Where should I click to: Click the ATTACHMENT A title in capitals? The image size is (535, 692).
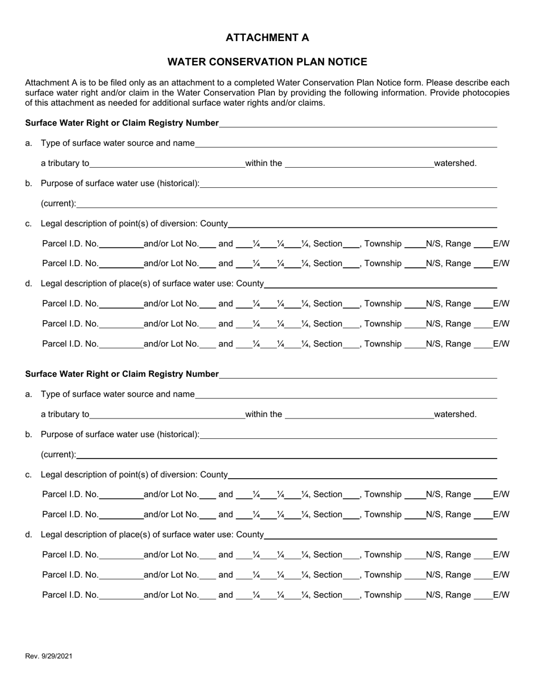tap(267, 38)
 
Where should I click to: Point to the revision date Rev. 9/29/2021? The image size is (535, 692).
tap(48, 656)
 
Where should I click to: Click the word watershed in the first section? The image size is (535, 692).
tap(455, 164)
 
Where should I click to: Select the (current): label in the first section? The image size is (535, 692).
tap(59, 204)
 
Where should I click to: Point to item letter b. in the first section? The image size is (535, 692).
tap(29, 183)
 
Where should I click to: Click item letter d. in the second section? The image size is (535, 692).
tap(29, 534)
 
